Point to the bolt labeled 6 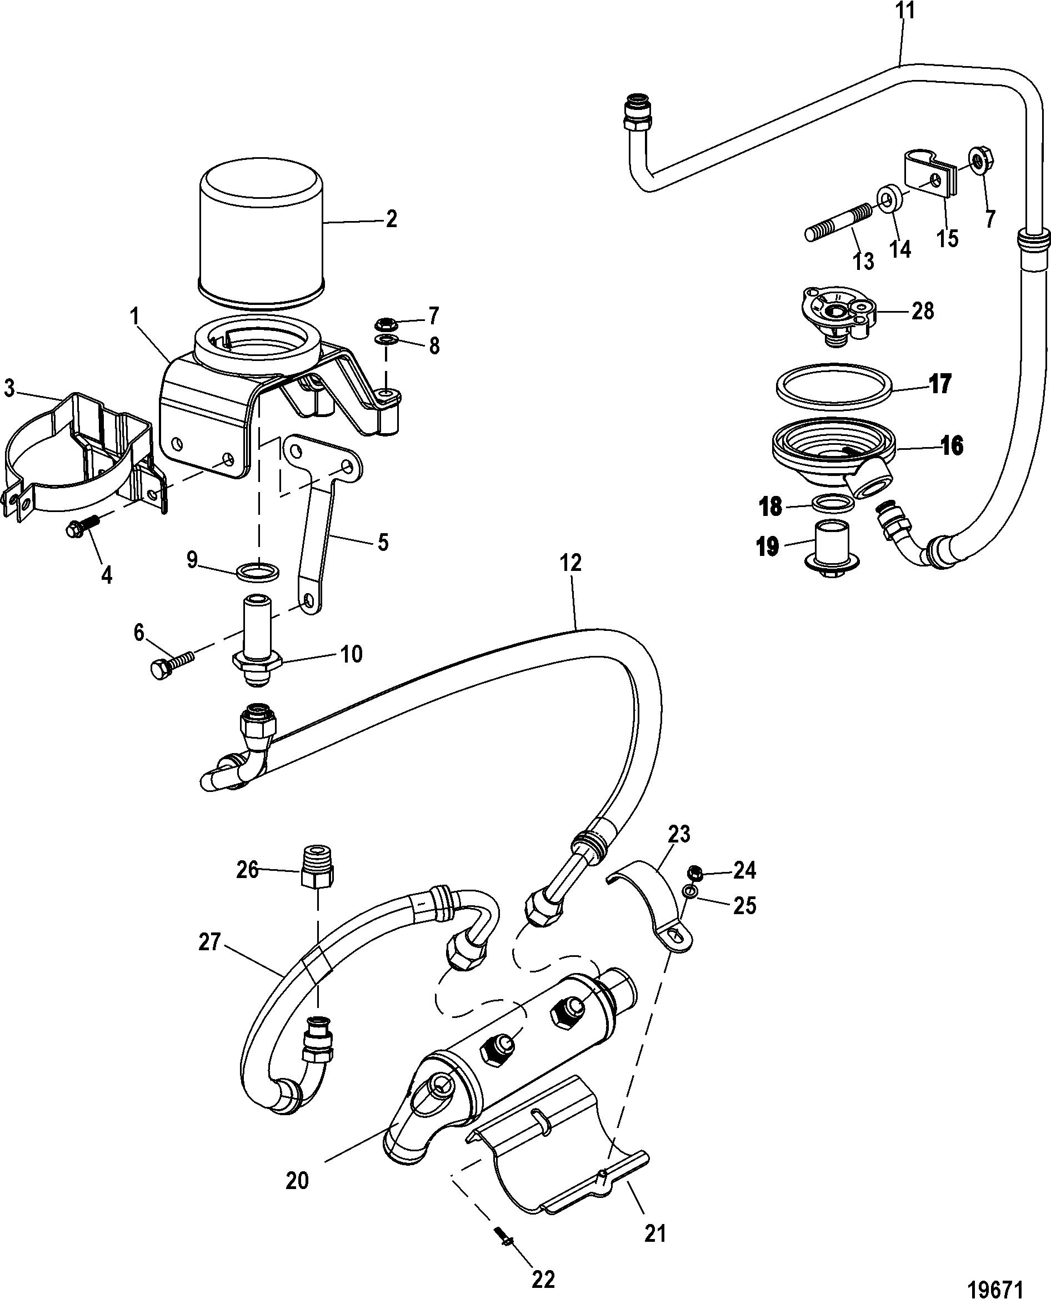pyautogui.click(x=171, y=664)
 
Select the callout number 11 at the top pyautogui.click(x=907, y=11)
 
